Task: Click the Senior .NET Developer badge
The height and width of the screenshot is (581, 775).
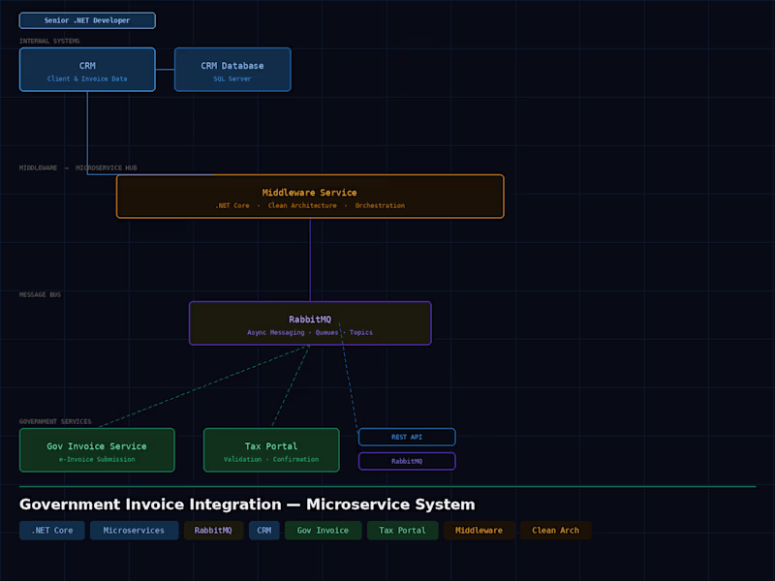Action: (87, 20)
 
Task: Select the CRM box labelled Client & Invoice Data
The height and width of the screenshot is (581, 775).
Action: (87, 70)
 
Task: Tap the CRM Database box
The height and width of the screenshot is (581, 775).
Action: (232, 70)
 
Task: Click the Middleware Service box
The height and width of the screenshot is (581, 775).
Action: (310, 197)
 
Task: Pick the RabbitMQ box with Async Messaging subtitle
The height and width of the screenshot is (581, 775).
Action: (310, 323)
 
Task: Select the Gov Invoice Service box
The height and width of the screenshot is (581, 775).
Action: (97, 450)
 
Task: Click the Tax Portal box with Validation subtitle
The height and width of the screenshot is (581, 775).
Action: (271, 450)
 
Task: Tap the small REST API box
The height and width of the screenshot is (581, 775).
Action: (407, 437)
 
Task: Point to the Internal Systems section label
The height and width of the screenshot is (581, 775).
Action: (49, 41)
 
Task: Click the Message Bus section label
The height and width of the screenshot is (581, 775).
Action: (40, 294)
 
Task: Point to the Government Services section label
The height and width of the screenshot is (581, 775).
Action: (55, 421)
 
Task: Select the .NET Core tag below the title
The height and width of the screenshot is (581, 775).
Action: (51, 531)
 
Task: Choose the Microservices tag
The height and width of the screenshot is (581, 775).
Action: (135, 531)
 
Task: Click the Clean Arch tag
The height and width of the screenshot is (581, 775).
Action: (555, 531)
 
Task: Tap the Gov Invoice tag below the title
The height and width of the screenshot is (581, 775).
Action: (323, 531)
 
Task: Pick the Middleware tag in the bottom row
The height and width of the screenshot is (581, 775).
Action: (479, 531)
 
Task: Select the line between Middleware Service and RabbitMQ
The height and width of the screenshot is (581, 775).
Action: (310, 260)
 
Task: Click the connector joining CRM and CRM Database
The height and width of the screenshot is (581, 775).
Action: (165, 70)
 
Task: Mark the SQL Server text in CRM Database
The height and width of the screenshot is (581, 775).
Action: (232, 79)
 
